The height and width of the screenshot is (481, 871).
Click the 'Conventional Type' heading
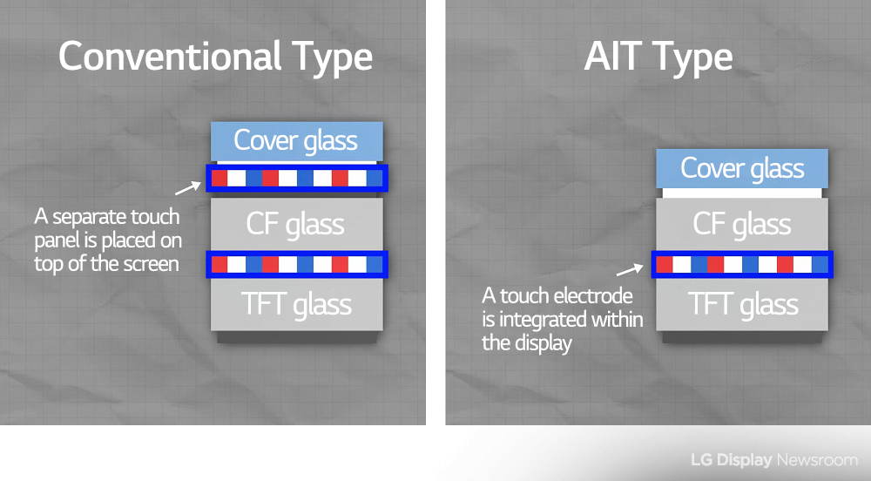(x=215, y=58)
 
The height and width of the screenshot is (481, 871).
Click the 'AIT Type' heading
(x=658, y=58)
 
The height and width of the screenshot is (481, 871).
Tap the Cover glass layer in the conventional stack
(x=297, y=141)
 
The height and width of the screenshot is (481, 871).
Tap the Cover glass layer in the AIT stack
(x=742, y=168)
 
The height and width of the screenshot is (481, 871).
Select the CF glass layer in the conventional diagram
(x=297, y=224)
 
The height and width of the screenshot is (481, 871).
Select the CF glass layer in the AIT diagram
(x=742, y=224)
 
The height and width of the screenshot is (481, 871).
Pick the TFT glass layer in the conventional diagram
(x=297, y=304)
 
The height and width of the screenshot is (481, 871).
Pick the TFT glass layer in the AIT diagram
(x=742, y=304)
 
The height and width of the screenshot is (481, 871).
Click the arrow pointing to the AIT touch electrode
(x=630, y=270)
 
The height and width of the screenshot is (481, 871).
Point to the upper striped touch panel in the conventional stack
(x=297, y=179)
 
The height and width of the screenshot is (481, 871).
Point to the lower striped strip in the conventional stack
(x=297, y=264)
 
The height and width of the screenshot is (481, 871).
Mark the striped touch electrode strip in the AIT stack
(x=742, y=264)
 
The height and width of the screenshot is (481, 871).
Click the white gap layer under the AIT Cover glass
(x=742, y=193)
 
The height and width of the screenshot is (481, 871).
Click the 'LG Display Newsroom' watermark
(x=774, y=460)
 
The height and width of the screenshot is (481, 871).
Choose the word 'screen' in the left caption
(x=151, y=264)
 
